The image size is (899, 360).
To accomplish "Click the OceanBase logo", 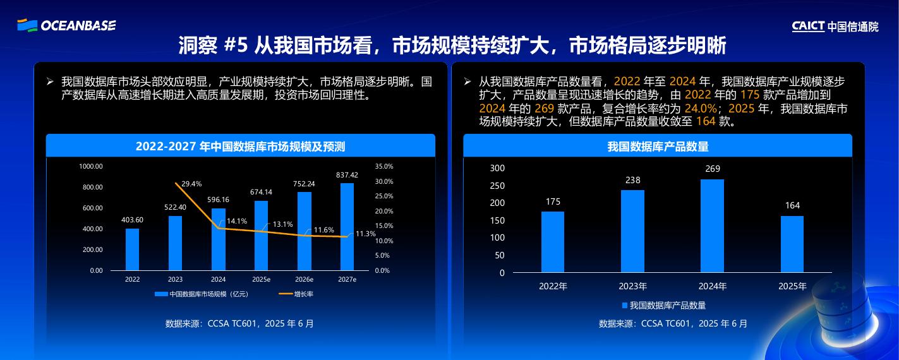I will [66, 25].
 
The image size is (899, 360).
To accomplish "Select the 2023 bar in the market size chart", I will [175, 243].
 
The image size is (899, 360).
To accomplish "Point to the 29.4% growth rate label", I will [191, 184].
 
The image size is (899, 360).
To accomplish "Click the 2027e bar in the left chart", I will [347, 227].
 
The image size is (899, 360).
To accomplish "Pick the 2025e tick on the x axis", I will [261, 279].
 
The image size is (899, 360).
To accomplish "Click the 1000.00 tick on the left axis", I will [91, 166].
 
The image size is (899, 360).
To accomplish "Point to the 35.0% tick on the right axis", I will [384, 166].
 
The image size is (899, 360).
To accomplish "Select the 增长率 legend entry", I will [304, 294].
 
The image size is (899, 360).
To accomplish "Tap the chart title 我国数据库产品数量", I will [658, 147].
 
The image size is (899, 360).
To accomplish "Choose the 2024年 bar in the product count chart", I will [712, 225].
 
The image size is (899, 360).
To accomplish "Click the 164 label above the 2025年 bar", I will [792, 206].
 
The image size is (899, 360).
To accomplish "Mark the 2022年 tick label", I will [553, 286].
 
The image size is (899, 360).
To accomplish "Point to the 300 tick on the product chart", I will [497, 168].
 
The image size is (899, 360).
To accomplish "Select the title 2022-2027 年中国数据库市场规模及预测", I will [240, 147].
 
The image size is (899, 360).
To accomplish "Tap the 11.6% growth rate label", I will [323, 230].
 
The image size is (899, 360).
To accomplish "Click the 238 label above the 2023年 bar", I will [632, 180].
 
